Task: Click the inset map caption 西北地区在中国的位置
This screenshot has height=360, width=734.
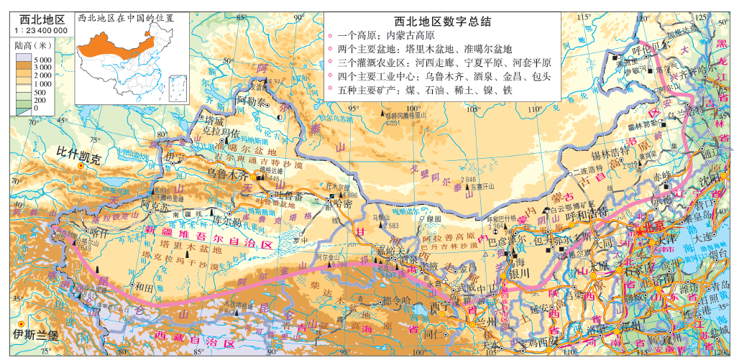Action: [125, 17]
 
